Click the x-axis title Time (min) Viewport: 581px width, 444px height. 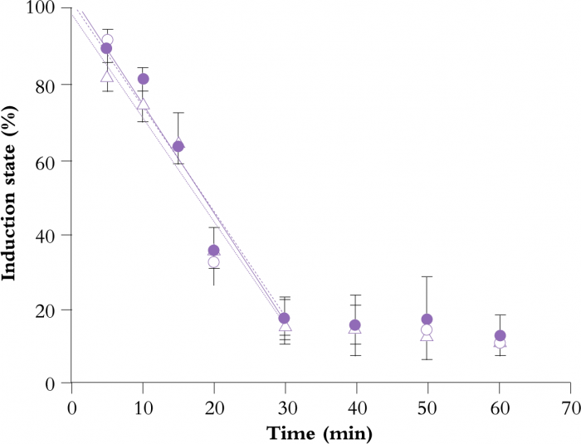(320, 432)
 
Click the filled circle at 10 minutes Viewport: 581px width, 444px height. (143, 79)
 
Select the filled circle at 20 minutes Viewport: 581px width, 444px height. (213, 251)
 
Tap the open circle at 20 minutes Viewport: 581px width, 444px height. (213, 262)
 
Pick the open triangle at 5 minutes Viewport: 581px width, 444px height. (106, 77)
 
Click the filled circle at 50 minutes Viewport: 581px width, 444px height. (427, 320)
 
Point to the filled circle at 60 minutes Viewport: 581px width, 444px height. (500, 336)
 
